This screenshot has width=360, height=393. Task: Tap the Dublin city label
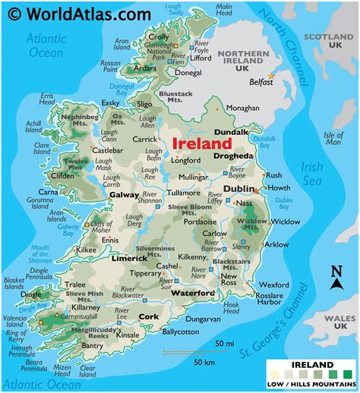pyautogui.click(x=238, y=188)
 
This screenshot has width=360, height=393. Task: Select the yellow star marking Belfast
pyautogui.click(x=270, y=74)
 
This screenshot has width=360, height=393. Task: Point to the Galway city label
pyautogui.click(x=124, y=195)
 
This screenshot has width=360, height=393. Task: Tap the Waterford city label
pyautogui.click(x=192, y=293)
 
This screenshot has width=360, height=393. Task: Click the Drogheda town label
pyautogui.click(x=233, y=156)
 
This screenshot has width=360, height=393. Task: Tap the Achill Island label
pyautogui.click(x=34, y=126)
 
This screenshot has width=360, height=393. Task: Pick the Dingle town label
pyautogui.click(x=31, y=294)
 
